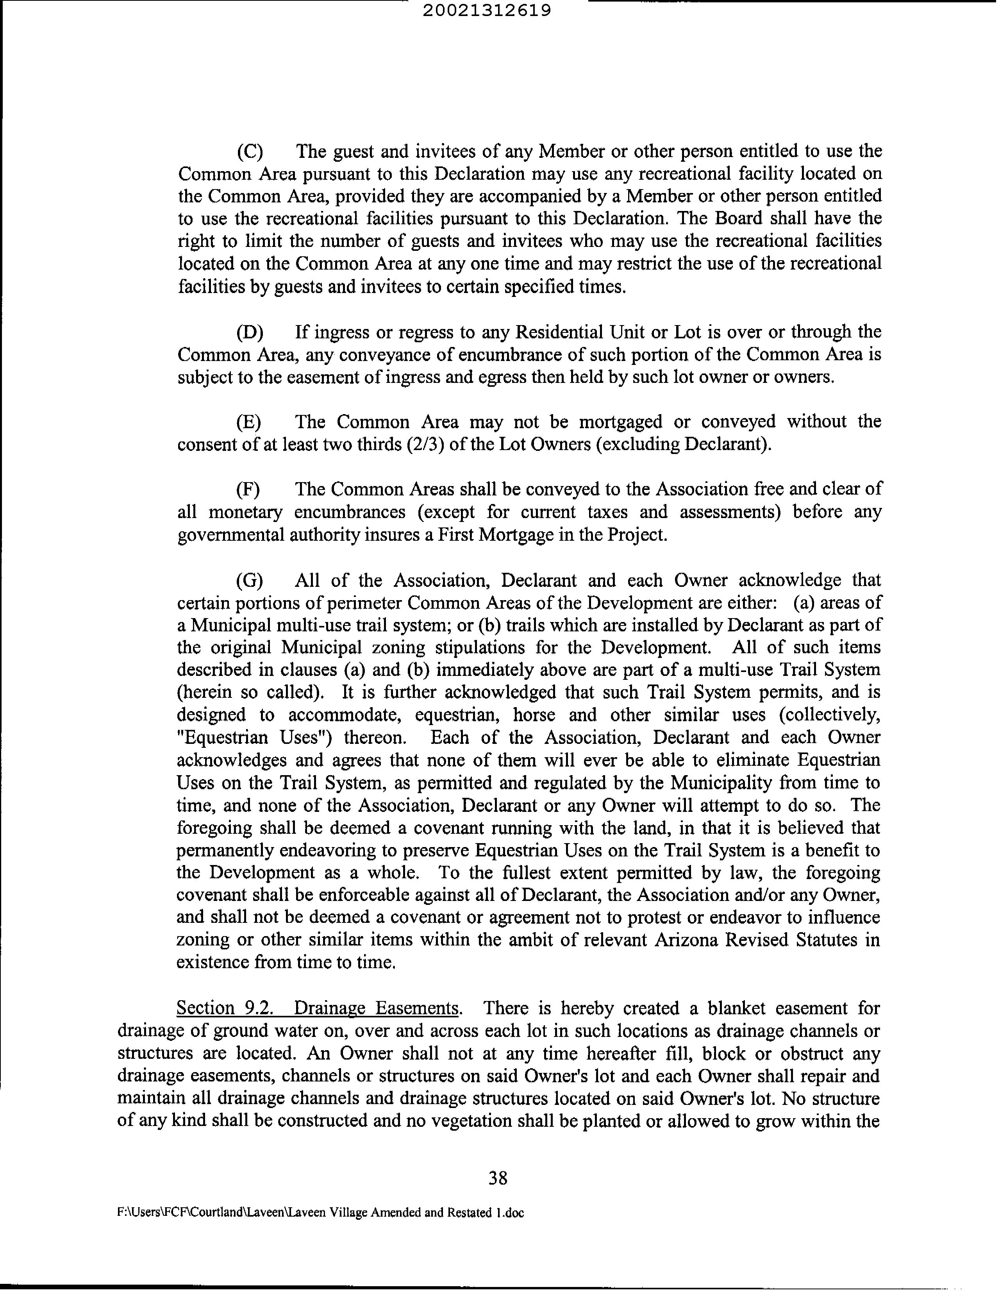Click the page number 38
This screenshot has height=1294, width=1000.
(x=498, y=1178)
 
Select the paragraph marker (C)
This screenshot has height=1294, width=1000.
(x=249, y=152)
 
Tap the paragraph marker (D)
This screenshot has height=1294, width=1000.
(x=249, y=332)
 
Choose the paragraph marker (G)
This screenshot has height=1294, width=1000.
(x=249, y=581)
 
